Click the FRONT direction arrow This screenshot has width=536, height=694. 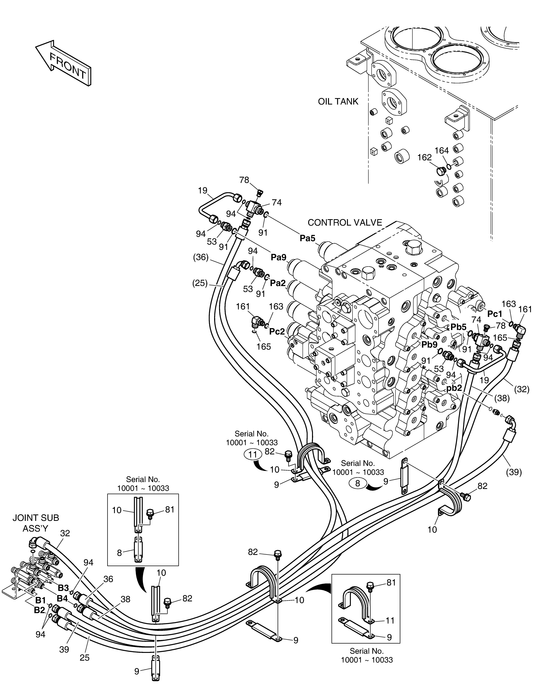(63, 64)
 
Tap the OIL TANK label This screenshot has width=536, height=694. (338, 102)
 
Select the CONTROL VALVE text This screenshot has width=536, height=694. (345, 222)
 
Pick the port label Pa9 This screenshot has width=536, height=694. (279, 257)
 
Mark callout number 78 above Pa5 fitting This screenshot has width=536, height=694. (244, 180)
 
